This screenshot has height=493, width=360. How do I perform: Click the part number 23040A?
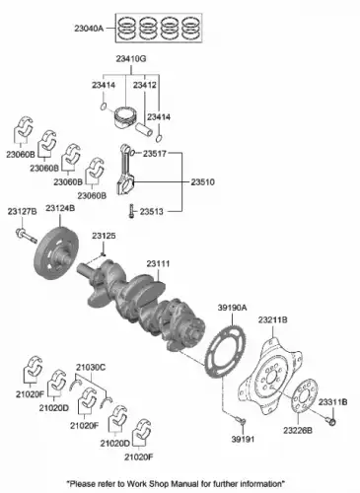89,29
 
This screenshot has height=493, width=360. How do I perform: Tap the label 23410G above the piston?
131,59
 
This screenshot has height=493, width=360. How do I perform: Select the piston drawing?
124,117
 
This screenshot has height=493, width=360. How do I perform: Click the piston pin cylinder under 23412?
144,129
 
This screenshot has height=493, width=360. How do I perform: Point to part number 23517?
155,153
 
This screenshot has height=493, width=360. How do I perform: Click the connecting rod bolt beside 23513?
132,211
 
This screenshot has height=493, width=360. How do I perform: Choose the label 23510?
202,181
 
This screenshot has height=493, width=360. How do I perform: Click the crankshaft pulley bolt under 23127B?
26,236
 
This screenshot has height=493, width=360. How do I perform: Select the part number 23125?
104,236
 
